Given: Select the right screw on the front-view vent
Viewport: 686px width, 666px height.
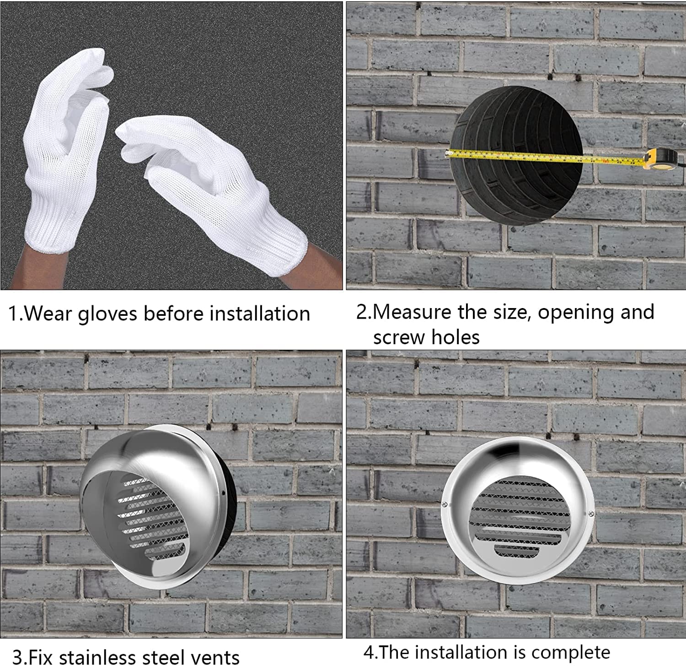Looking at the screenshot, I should pyautogui.click(x=591, y=514).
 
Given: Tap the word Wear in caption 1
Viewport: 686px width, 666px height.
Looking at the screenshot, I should pyautogui.click(x=48, y=314).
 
